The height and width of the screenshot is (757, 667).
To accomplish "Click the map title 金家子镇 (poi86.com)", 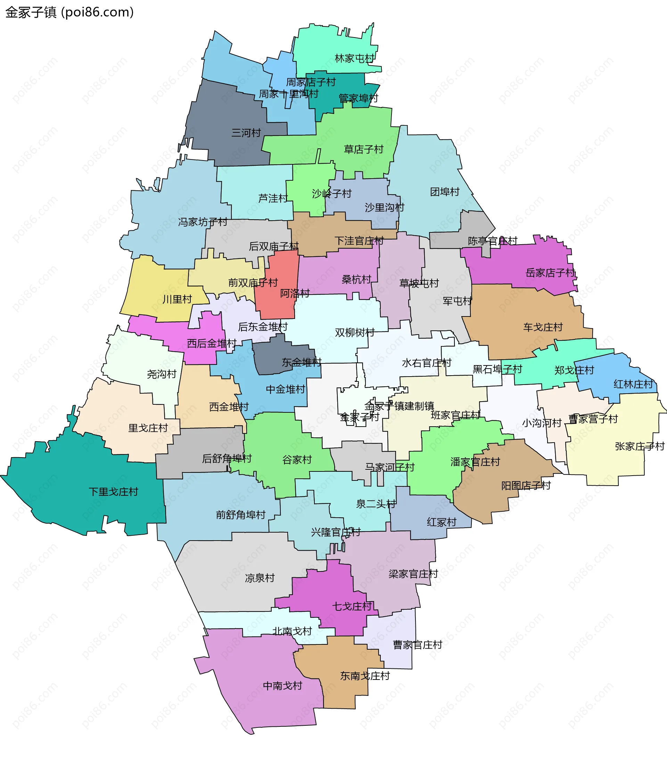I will (x=69, y=13).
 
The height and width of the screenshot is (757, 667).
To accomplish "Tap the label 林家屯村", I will (x=354, y=58).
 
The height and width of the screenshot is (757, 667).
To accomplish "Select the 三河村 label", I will (x=246, y=133).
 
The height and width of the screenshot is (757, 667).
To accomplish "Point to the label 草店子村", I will (x=363, y=149).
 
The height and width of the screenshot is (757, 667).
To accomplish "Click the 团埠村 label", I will (x=444, y=192).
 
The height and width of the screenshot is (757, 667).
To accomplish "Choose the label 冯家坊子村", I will (x=202, y=222).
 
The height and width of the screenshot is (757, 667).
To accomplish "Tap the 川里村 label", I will (x=177, y=299).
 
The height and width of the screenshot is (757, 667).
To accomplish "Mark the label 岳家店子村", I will (x=550, y=273).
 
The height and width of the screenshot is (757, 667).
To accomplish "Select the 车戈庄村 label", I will (x=543, y=327).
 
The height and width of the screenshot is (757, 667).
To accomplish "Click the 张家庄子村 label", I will (x=640, y=446).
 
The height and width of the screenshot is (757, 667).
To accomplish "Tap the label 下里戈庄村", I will (x=113, y=492).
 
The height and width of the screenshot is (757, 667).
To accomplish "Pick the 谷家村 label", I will (x=297, y=460).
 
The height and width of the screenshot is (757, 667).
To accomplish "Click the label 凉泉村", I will (x=260, y=578).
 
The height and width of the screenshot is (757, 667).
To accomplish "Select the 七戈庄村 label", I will (x=352, y=606).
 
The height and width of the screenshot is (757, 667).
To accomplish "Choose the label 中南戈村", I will (x=282, y=686).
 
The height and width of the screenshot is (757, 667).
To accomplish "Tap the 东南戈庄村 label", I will (x=365, y=676).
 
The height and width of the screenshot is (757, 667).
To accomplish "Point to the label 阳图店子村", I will (x=526, y=486).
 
